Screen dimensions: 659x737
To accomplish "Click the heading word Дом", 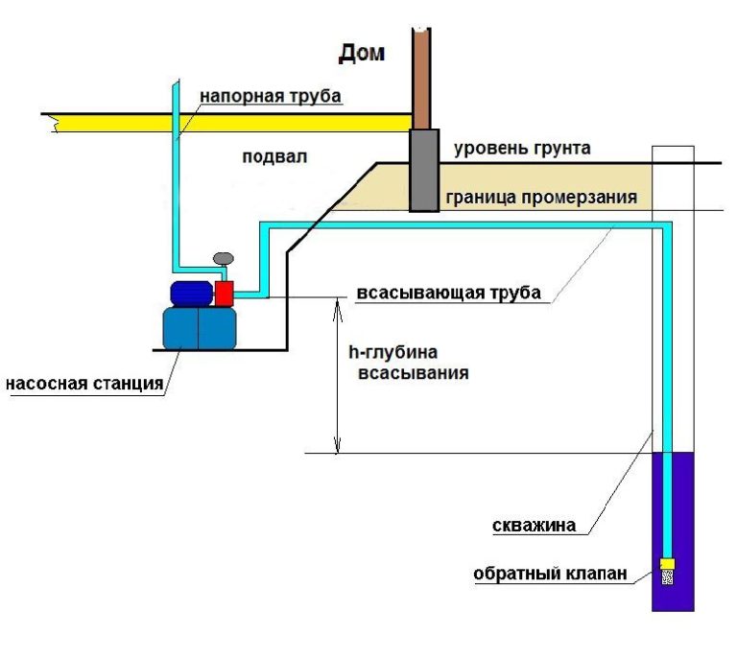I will coord(363,53).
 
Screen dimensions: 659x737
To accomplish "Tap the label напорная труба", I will coord(271,96).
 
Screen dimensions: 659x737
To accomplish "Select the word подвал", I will coord(275,157).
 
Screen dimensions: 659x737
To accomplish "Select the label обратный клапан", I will coord(551,575).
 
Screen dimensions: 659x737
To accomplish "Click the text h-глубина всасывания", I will coord(407,363).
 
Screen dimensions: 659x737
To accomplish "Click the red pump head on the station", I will coord(225,293).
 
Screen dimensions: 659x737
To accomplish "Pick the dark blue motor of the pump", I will coord(191,292).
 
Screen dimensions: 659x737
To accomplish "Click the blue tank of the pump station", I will coord(199,327).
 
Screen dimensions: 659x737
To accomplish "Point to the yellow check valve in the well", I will coord(667,563).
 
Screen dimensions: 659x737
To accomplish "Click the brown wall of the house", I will coord(421,77).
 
